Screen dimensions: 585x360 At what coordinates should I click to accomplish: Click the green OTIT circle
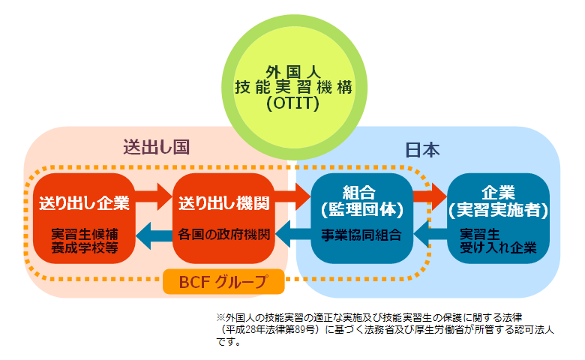[294, 87]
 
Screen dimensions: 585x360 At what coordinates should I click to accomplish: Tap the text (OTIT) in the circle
[293, 103]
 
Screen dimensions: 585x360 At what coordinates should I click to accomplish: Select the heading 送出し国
[157, 147]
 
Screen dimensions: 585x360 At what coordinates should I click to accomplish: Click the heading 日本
[422, 150]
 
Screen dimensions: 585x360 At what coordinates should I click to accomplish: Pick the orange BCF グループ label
[223, 282]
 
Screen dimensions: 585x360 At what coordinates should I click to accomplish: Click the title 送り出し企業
[84, 203]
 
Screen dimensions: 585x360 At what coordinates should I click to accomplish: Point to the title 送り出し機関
[223, 203]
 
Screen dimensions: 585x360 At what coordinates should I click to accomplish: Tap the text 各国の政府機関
[223, 235]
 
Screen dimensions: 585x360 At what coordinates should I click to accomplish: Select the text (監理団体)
[362, 209]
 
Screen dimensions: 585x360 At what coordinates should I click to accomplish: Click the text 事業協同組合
[361, 235]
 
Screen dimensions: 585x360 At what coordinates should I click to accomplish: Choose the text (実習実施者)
[498, 210]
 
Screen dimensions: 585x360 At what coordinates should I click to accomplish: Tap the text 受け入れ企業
[498, 247]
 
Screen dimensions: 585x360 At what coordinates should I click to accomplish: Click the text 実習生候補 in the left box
[85, 234]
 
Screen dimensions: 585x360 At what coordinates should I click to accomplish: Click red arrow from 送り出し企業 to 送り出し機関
[153, 196]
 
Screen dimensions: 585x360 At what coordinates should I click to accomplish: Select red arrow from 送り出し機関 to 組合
[292, 196]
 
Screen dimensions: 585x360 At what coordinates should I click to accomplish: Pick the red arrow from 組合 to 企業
[430, 196]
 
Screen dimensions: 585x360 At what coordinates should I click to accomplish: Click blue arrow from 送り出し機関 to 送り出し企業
[154, 235]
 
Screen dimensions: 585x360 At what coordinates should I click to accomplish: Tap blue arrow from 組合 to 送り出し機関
[293, 234]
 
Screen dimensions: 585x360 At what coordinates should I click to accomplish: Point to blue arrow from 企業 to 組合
[430, 234]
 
